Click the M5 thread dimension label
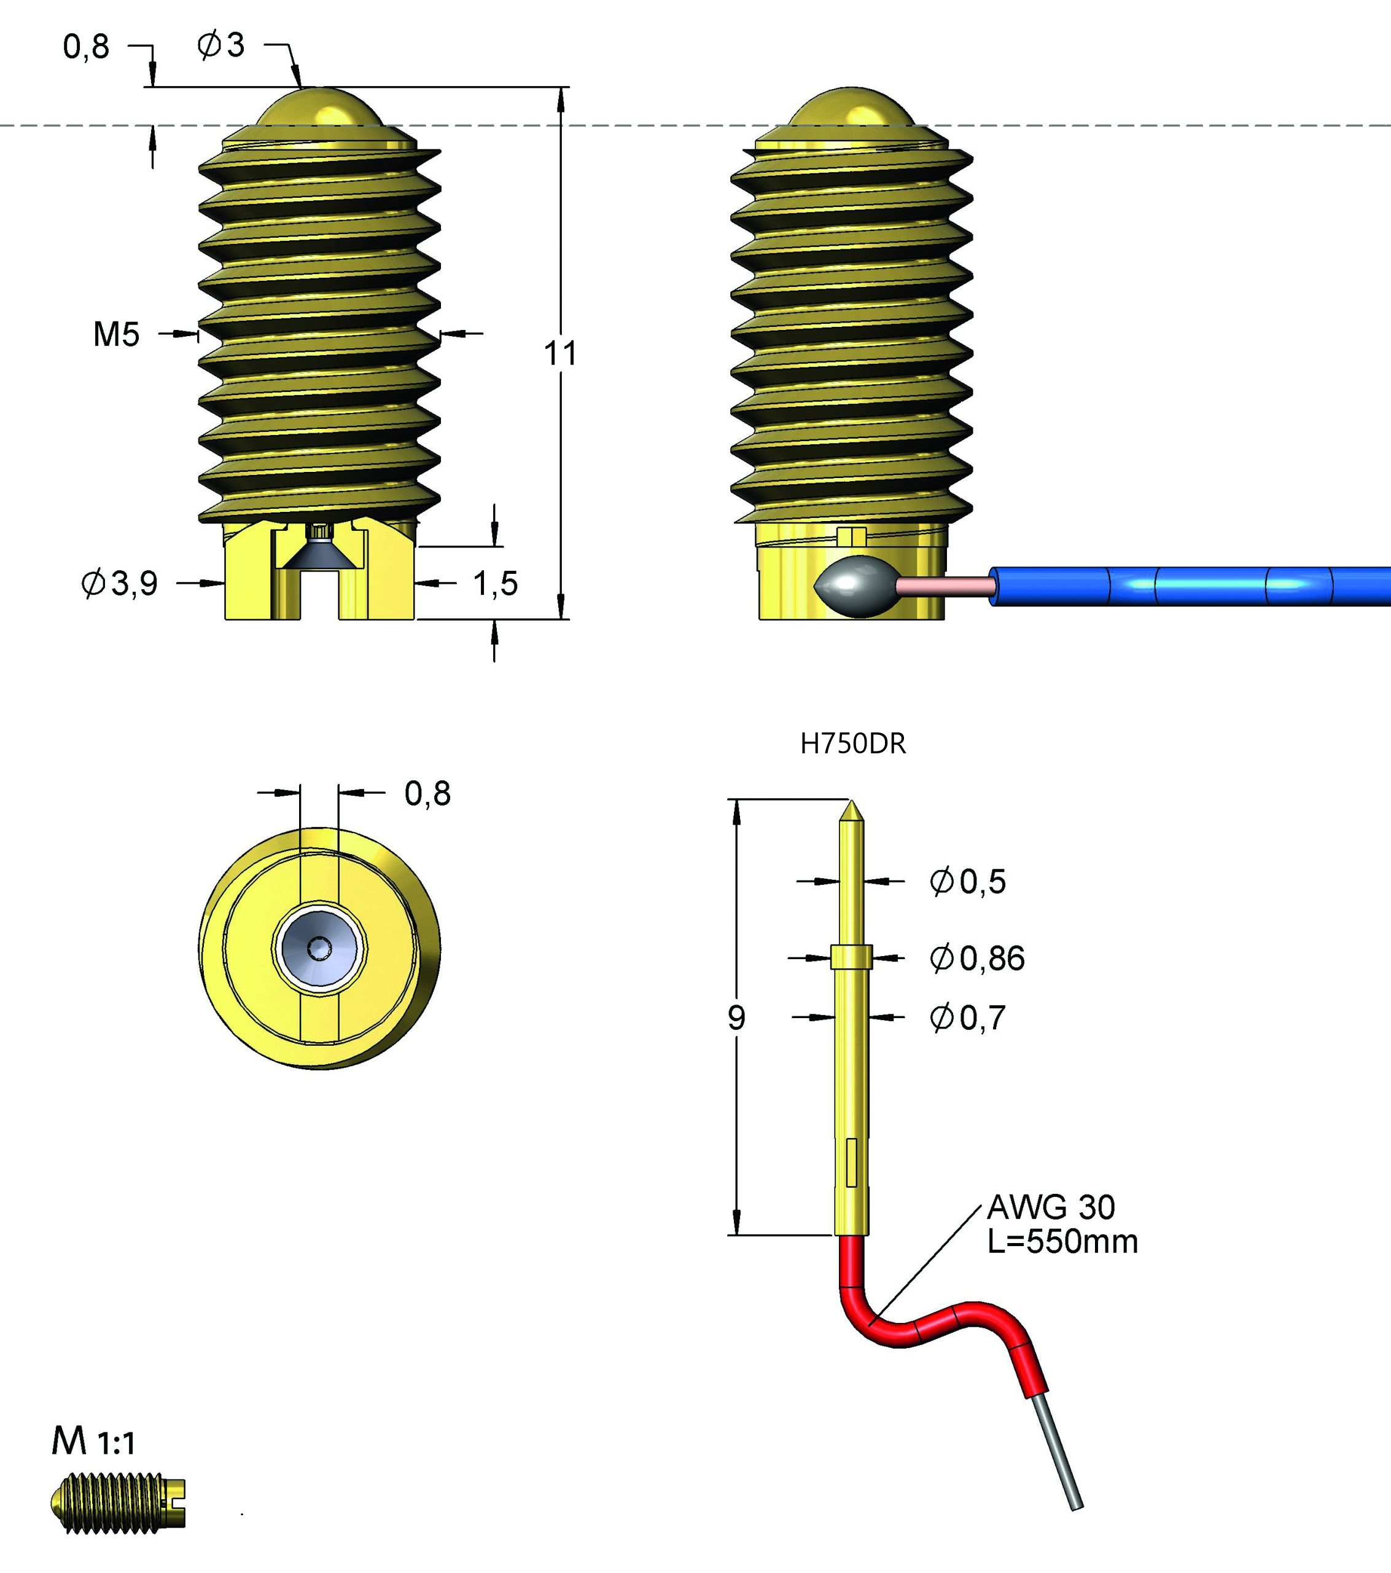pyautogui.click(x=116, y=335)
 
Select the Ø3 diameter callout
pyautogui.click(x=221, y=45)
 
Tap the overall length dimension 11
pyautogui.click(x=560, y=354)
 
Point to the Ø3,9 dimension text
pyautogui.click(x=120, y=583)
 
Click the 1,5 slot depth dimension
pyautogui.click(x=495, y=583)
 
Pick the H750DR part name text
pyautogui.click(x=852, y=744)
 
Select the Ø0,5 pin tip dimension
pyautogui.click(x=968, y=881)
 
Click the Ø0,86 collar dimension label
pyautogui.click(x=977, y=958)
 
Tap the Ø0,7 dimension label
pyautogui.click(x=968, y=1018)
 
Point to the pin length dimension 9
pyautogui.click(x=736, y=1018)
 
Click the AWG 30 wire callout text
pyautogui.click(x=1051, y=1207)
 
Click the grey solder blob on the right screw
pyautogui.click(x=854, y=586)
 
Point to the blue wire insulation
pyautogui.click(x=1193, y=586)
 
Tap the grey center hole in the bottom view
pyautogui.click(x=319, y=948)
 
